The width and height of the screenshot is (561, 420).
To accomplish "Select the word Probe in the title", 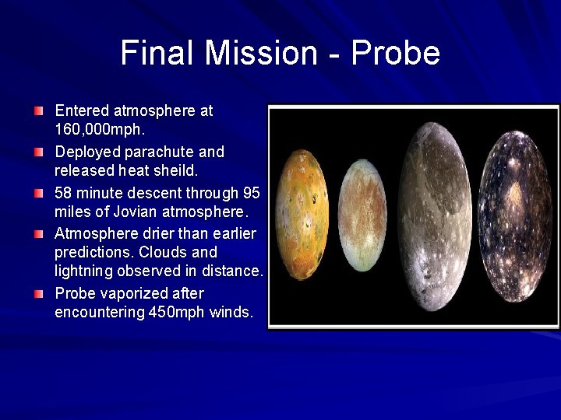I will coord(396,53).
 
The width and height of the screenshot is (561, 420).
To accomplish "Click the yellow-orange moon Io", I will coord(302,215).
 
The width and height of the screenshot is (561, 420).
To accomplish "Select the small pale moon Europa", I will coord(362,215).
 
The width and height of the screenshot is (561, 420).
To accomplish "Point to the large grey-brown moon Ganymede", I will coord(435,215).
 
